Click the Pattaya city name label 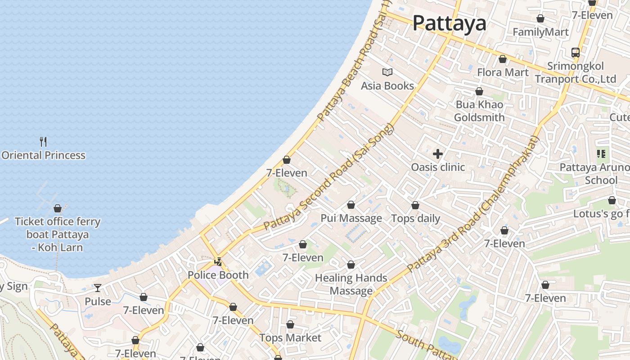point(450,23)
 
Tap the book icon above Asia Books point(387,72)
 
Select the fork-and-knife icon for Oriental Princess point(43,142)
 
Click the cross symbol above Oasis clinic point(438,154)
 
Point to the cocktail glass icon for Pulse point(98,288)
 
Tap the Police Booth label point(218,275)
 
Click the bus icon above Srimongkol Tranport point(576,53)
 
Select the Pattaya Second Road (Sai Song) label point(328,176)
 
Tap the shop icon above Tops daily point(415,206)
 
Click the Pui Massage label point(351,218)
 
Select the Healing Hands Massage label point(351,284)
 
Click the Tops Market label point(290,337)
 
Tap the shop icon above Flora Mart point(503,59)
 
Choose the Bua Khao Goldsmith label point(479,111)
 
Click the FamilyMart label point(540,32)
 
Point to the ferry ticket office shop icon point(58,208)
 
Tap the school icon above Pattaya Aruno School point(601,154)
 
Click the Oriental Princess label point(43,155)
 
